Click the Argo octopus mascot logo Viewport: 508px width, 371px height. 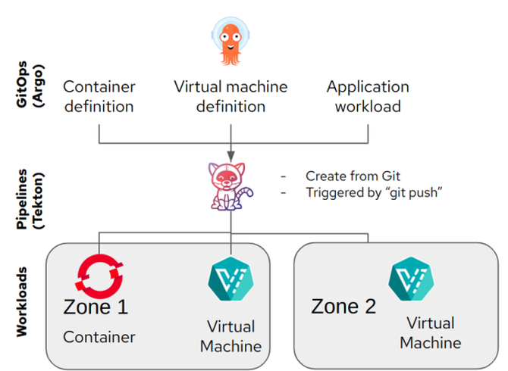(x=230, y=41)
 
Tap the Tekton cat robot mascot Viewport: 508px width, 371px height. (x=230, y=186)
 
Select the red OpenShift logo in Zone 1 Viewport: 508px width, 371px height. (x=99, y=276)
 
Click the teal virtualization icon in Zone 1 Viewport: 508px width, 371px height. (x=230, y=279)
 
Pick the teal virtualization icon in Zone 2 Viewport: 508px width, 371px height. (x=412, y=279)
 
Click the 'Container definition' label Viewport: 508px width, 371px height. (x=99, y=96)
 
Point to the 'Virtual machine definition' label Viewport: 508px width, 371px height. (x=230, y=96)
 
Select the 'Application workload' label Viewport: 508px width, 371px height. (x=368, y=96)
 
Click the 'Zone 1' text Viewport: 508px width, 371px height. (x=96, y=307)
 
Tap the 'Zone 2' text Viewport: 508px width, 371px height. (x=343, y=306)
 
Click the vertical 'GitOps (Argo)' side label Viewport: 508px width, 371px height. (x=30, y=84)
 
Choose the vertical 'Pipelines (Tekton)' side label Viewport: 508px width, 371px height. (x=30, y=199)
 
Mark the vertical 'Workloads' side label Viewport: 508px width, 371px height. (x=21, y=302)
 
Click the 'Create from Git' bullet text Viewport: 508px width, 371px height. (x=353, y=176)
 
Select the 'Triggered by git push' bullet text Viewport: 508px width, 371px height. (x=374, y=192)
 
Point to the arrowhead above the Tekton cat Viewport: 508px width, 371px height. (x=230, y=157)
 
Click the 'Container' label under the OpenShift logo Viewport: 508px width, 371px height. (x=99, y=337)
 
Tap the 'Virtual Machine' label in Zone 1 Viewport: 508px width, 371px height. (x=230, y=336)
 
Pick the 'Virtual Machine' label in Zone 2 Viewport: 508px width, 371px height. (x=431, y=333)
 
